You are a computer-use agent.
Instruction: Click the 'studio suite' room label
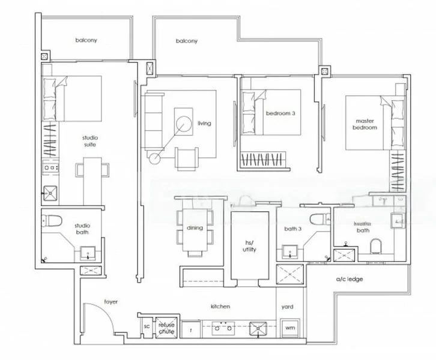tap(90, 141)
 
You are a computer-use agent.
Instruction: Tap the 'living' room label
tap(204, 124)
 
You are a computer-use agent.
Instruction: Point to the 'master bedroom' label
tap(365, 124)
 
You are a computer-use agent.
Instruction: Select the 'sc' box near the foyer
tap(146, 327)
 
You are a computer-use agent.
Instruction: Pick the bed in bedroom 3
tap(270, 120)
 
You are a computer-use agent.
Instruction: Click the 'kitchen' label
tap(220, 307)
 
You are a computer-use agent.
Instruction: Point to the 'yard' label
tap(288, 307)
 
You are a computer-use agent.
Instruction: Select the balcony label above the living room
tap(187, 41)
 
